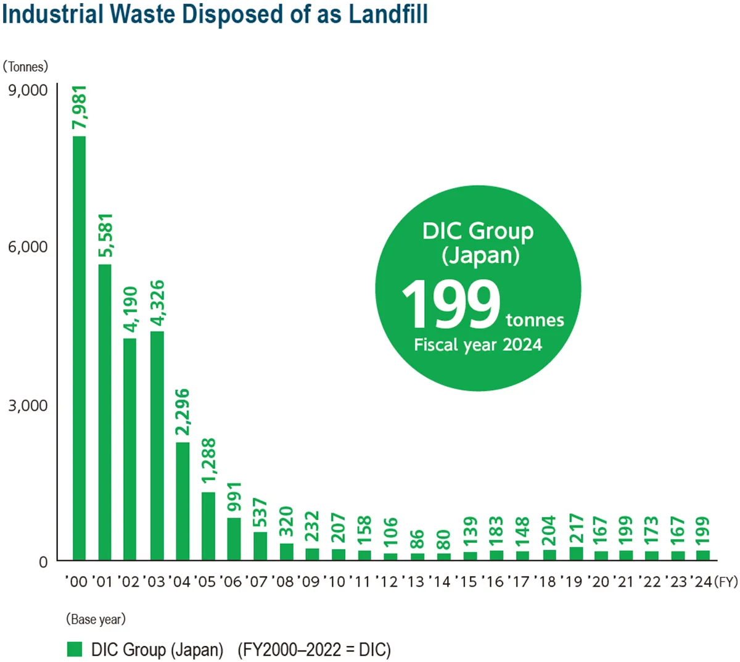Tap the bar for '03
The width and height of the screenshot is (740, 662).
click(x=157, y=445)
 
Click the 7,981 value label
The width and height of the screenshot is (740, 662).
click(x=80, y=108)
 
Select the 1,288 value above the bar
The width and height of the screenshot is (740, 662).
click(x=209, y=461)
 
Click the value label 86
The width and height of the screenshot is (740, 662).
click(x=417, y=539)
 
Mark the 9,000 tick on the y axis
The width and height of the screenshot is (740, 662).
click(x=28, y=90)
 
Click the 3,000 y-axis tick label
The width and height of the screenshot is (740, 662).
click(x=28, y=405)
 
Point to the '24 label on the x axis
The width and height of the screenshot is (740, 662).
click(x=701, y=582)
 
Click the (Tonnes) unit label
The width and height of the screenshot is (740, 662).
click(x=25, y=67)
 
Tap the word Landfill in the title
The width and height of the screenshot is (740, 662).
click(x=388, y=15)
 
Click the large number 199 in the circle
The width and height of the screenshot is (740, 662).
click(x=451, y=304)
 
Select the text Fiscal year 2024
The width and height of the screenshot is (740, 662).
click(x=478, y=345)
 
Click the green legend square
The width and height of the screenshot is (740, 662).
click(x=75, y=649)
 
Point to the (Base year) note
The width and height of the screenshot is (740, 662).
click(x=96, y=619)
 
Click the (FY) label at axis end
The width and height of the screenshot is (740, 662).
click(x=726, y=582)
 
